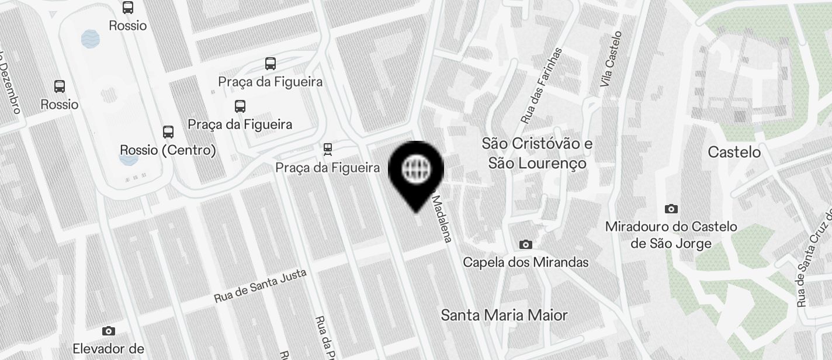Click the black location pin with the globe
pyautogui.click(x=416, y=170)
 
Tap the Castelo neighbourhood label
pyautogui.click(x=734, y=153)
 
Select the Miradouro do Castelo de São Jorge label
pyautogui.click(x=671, y=235)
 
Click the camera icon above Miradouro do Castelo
pyautogui.click(x=671, y=209)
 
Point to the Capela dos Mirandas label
pyautogui.click(x=526, y=262)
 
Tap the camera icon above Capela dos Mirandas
pyautogui.click(x=526, y=244)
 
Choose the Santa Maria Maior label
pyautogui.click(x=504, y=316)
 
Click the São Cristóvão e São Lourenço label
pyautogui.click(x=538, y=153)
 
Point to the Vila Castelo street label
pyautogui.click(x=612, y=60)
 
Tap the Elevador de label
pyautogui.click(x=108, y=349)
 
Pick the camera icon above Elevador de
pyautogui.click(x=108, y=331)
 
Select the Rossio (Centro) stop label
pyautogui.click(x=168, y=150)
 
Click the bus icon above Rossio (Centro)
pyautogui.click(x=168, y=132)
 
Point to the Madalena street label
pyautogui.click(x=442, y=219)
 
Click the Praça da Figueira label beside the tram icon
pyautogui.click(x=328, y=168)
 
